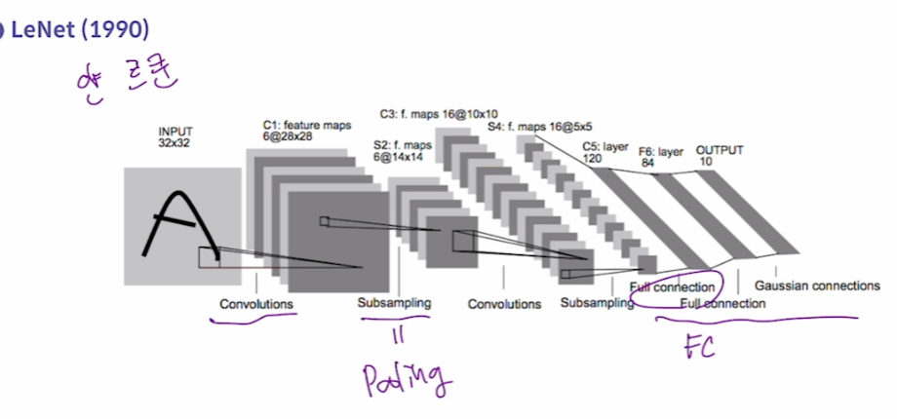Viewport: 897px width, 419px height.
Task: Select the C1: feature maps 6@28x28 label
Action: [306, 131]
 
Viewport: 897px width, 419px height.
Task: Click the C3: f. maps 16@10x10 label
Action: [439, 114]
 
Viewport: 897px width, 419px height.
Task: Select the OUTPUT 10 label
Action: [719, 156]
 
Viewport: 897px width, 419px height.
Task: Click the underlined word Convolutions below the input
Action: [256, 304]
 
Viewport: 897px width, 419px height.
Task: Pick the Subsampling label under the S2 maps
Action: [394, 303]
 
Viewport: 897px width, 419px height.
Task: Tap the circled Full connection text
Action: [673, 288]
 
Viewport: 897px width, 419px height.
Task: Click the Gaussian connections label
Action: [817, 286]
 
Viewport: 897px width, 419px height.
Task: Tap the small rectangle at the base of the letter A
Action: [209, 257]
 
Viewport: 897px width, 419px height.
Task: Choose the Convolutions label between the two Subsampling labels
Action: [504, 304]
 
